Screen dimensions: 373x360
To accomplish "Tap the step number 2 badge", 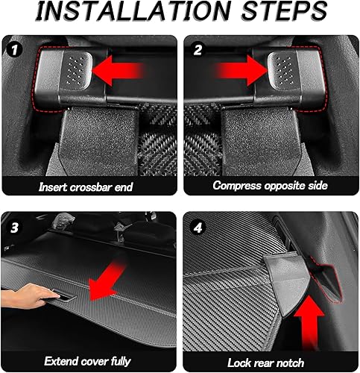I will pyautogui.click(x=196, y=51).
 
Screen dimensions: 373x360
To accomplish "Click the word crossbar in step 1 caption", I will pyautogui.click(x=94, y=184).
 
